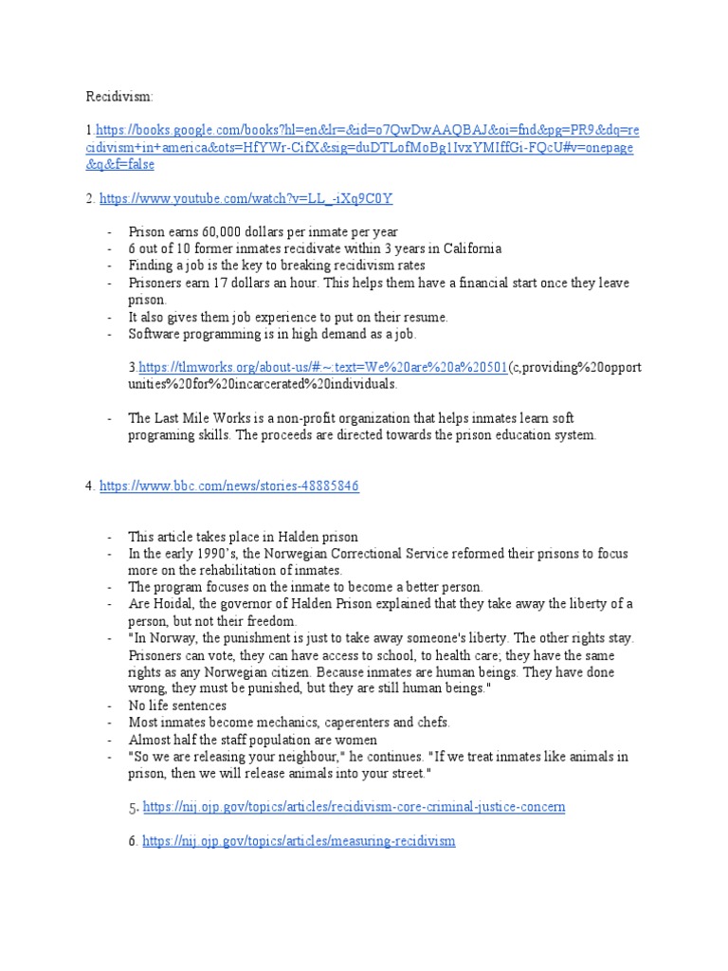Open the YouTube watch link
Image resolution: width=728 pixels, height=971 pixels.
click(246, 198)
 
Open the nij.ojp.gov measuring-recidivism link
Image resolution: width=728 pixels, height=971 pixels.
click(299, 841)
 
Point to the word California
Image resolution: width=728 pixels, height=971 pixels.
click(466, 249)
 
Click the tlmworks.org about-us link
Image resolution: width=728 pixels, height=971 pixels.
click(323, 369)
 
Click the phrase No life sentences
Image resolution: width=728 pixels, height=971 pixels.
click(178, 706)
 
